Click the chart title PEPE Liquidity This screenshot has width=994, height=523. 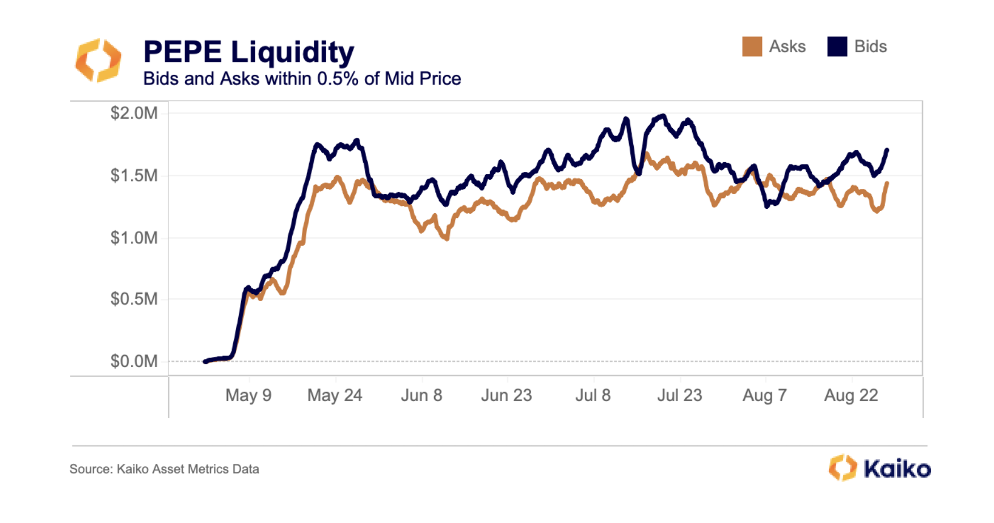point(248,52)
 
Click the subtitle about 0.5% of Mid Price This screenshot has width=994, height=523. point(302,79)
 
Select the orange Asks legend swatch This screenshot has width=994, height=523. point(752,47)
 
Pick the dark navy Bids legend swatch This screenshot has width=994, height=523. point(837,47)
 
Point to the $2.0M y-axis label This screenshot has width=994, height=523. point(134,113)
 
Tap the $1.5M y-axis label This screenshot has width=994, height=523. point(134,176)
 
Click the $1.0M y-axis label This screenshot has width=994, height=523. point(134,238)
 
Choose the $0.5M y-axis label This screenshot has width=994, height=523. point(134,299)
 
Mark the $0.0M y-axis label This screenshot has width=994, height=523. point(134,361)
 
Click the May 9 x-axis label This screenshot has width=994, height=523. point(248,395)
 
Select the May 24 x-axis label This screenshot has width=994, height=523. point(335,395)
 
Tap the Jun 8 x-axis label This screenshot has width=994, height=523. point(422,395)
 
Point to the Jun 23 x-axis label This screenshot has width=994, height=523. point(507,395)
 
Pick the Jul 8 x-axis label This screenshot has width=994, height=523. point(593,395)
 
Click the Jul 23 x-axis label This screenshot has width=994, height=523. point(680,395)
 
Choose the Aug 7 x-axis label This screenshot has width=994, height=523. point(765,395)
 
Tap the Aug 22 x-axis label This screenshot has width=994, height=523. point(851,395)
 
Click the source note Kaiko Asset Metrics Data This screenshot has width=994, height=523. point(165,469)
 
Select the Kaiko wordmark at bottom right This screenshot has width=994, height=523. point(897,469)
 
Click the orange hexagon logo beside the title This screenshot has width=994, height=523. point(98,60)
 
